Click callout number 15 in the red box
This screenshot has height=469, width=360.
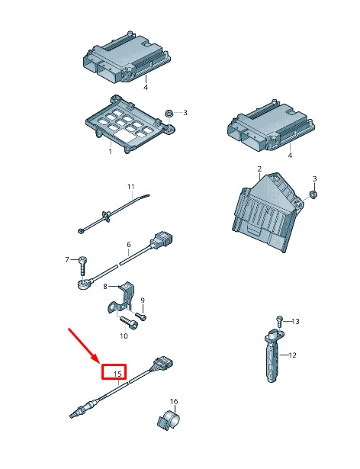[x=117, y=374]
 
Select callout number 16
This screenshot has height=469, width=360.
[x=174, y=401]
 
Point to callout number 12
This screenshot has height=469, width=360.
[x=292, y=355]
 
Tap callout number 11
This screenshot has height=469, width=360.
[x=130, y=187]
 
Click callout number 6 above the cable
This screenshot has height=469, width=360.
[x=129, y=244]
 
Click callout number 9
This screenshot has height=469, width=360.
[x=143, y=300]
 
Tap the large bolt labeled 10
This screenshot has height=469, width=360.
[x=129, y=323]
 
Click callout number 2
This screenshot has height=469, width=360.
[x=259, y=169]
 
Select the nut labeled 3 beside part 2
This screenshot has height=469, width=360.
[x=313, y=194]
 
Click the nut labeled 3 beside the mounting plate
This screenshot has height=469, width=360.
[x=168, y=114]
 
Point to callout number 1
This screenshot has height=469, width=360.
[x=110, y=151]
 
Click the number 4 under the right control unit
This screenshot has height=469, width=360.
[x=290, y=156]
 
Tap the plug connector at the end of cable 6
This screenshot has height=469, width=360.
[x=162, y=240]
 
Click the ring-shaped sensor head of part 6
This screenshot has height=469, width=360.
[x=82, y=284]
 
